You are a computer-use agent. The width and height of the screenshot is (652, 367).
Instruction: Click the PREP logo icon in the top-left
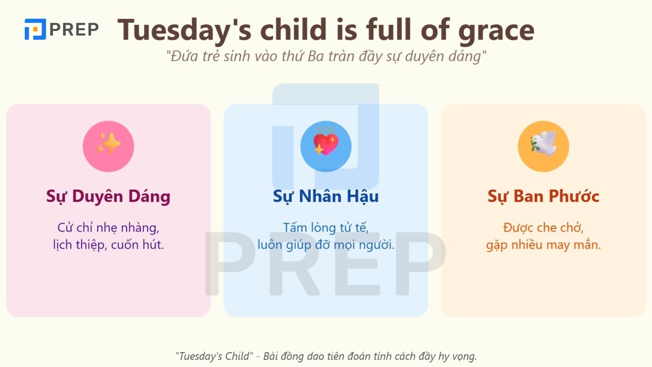point(35,29)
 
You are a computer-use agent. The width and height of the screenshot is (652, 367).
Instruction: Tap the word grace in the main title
point(496,30)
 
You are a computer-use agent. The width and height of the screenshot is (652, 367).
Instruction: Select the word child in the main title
point(294,30)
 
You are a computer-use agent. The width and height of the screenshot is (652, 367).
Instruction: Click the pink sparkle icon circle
point(108,146)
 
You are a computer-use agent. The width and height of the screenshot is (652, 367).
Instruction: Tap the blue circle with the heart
point(326,146)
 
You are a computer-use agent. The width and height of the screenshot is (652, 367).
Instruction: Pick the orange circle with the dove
point(543,146)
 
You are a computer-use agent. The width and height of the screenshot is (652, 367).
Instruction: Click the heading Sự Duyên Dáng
point(108,196)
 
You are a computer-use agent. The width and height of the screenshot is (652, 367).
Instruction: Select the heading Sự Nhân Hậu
point(326,196)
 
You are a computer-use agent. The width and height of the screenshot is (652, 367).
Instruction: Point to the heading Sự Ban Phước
point(543,196)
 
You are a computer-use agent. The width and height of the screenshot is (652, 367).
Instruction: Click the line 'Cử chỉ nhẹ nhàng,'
point(108,227)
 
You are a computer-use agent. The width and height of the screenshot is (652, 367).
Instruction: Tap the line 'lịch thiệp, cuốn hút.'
point(108,245)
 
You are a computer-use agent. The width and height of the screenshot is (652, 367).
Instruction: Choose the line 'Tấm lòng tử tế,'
point(326,227)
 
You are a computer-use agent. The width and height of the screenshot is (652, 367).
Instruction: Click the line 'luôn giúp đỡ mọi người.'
point(326,245)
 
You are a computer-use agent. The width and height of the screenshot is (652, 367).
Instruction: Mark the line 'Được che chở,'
point(543,227)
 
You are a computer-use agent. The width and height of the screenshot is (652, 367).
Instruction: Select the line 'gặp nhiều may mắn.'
point(543,245)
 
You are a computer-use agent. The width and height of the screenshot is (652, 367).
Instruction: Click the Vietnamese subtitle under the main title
point(326,56)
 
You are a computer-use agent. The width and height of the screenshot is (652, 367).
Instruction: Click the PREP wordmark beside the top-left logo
point(74,29)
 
